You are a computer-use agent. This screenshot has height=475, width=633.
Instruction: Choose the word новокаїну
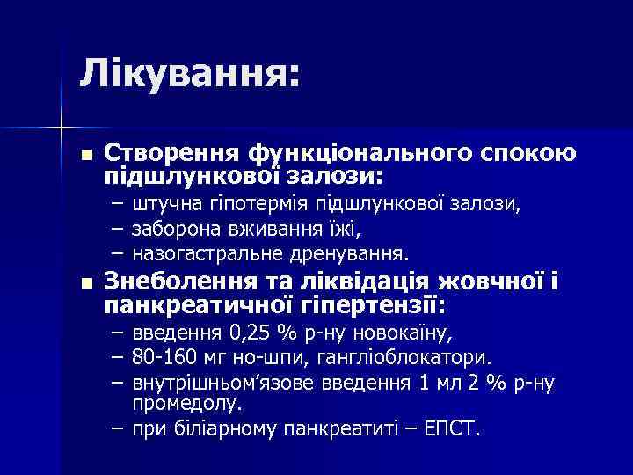pyautogui.click(x=404, y=335)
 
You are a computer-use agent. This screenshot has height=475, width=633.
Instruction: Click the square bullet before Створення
pyautogui.click(x=85, y=155)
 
